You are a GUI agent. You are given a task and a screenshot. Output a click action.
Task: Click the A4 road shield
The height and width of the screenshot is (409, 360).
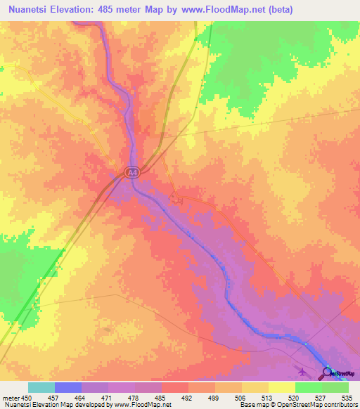131,171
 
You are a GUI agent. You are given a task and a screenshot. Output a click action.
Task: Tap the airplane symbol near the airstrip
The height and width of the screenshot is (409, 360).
303,372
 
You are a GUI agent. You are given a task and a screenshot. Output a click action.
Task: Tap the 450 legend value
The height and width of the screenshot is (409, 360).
28,397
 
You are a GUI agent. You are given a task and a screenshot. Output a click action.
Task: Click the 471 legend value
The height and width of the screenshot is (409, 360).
108,397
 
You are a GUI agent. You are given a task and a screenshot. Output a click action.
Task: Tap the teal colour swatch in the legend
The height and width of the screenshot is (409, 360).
41,387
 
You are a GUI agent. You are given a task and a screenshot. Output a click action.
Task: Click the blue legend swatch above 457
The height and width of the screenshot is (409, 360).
68,387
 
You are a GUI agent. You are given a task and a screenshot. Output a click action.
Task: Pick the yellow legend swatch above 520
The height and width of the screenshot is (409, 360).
282,387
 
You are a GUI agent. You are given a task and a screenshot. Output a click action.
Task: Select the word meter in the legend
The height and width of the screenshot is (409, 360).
10,397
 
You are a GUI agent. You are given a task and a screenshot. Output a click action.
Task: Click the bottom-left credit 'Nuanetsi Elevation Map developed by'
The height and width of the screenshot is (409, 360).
46,405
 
